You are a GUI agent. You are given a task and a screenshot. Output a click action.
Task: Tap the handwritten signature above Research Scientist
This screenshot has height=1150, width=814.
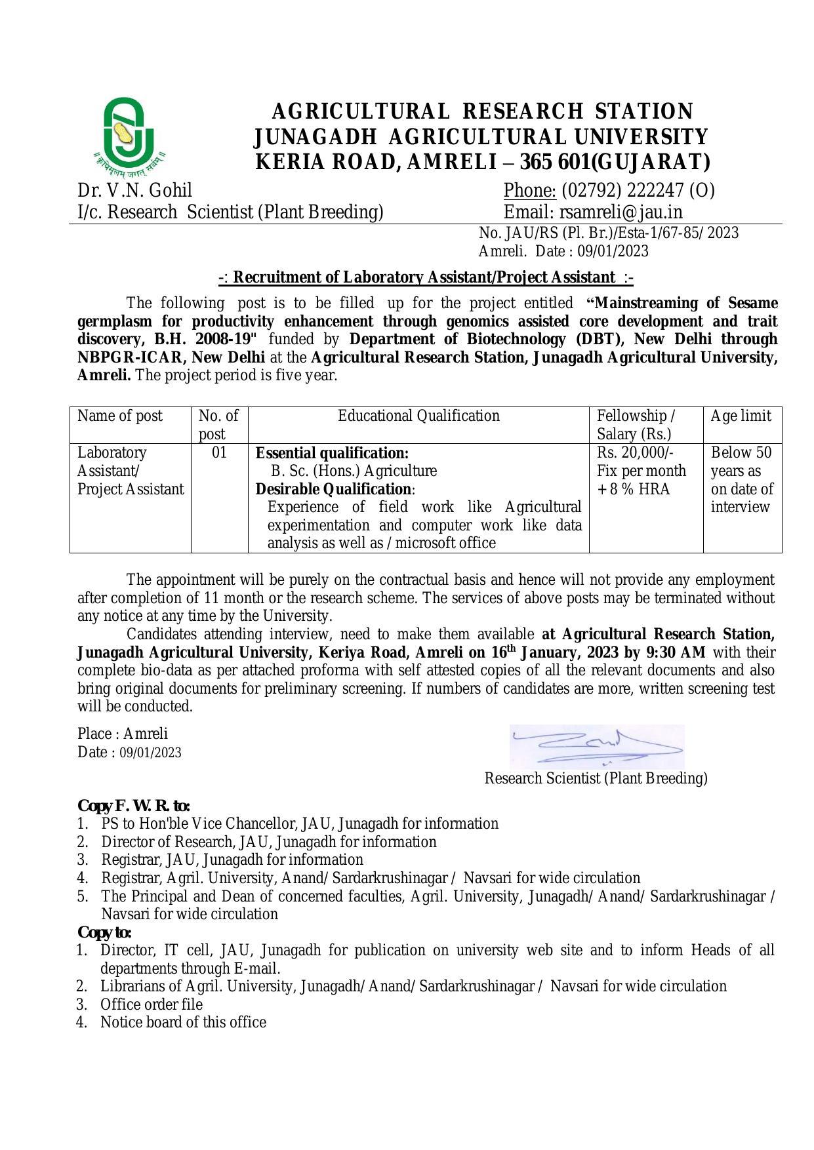[597, 746]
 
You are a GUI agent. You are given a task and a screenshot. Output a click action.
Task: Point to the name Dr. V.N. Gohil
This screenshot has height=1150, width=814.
[134, 190]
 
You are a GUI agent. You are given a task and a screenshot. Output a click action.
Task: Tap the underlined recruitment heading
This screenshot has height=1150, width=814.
[426, 277]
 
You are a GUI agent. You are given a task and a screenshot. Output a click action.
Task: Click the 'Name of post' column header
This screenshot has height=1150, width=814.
[120, 416]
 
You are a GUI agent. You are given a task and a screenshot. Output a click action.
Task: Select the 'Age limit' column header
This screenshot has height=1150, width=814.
[741, 416]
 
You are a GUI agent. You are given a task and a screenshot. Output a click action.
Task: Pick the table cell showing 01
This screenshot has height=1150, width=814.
[219, 452]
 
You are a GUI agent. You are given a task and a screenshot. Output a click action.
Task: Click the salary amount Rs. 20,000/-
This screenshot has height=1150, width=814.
[635, 452]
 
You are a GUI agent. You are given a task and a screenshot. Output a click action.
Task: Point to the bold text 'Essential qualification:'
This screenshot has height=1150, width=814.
[332, 453]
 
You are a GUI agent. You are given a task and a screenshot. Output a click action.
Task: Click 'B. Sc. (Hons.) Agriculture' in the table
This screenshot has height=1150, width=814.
[354, 471]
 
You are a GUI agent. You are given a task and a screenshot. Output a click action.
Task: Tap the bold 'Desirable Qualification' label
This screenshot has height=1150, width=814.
[333, 489]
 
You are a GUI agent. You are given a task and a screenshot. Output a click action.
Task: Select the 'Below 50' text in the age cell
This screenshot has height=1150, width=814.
[741, 452]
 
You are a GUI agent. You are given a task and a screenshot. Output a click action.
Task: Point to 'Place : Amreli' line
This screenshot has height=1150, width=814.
[123, 734]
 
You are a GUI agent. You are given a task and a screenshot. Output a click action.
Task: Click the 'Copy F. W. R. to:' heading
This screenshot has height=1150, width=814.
[134, 805]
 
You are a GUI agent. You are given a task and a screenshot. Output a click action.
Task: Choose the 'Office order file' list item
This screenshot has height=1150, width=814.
[151, 1004]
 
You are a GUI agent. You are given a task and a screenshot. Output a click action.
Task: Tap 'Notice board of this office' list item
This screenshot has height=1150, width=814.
[183, 1022]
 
